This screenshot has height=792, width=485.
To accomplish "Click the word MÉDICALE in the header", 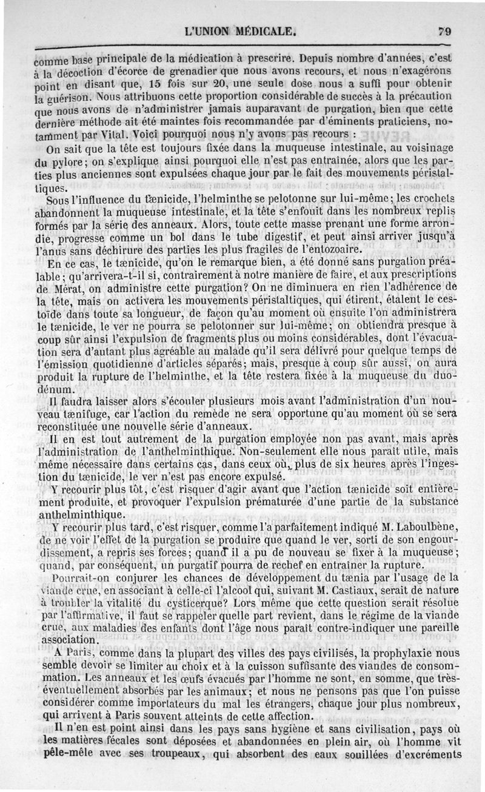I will click(x=263, y=32).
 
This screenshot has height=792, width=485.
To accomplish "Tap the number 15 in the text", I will click(x=157, y=85).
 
